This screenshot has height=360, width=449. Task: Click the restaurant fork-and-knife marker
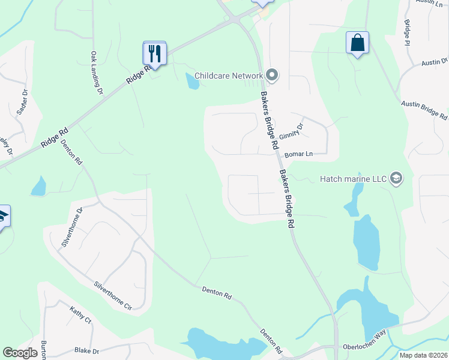pyautogui.click(x=154, y=53)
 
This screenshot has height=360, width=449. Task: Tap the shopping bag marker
pyautogui.click(x=357, y=43)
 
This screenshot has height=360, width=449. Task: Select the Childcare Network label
pyautogui.click(x=228, y=76)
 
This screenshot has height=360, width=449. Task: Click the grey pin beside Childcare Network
pyautogui.click(x=272, y=76)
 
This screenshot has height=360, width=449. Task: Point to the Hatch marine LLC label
pyautogui.click(x=354, y=178)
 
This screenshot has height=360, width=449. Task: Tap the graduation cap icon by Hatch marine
pyautogui.click(x=396, y=178)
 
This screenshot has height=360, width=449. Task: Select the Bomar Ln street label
pyautogui.click(x=299, y=154)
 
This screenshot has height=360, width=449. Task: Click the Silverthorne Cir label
pyautogui.click(x=112, y=293)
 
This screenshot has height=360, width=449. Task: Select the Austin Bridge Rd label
pyautogui.click(x=424, y=108)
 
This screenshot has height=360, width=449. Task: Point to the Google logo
pyautogui.click(x=20, y=353)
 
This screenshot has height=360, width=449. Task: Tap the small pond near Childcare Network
pyautogui.click(x=192, y=80)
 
